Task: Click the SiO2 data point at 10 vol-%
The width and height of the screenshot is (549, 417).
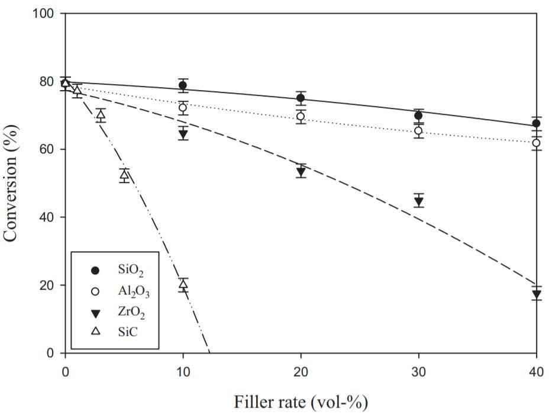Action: (x=183, y=85)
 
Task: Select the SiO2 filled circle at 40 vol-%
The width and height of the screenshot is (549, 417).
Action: (x=536, y=123)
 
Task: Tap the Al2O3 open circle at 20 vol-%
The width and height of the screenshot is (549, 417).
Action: (x=301, y=116)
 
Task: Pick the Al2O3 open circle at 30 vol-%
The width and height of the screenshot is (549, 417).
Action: (x=418, y=130)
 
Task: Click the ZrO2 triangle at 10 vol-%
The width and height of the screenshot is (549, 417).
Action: (x=183, y=134)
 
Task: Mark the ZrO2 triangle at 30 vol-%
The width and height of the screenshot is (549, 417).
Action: (x=418, y=201)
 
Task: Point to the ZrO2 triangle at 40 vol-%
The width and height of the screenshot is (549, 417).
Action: (x=536, y=294)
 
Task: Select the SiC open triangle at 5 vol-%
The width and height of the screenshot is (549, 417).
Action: (x=124, y=174)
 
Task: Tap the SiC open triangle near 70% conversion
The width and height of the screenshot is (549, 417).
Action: (x=101, y=115)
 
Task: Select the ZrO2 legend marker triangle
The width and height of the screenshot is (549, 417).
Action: (x=96, y=312)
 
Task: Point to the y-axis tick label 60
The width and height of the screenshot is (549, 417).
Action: (x=48, y=149)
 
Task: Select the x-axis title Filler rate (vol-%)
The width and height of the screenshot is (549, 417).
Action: (x=301, y=403)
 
